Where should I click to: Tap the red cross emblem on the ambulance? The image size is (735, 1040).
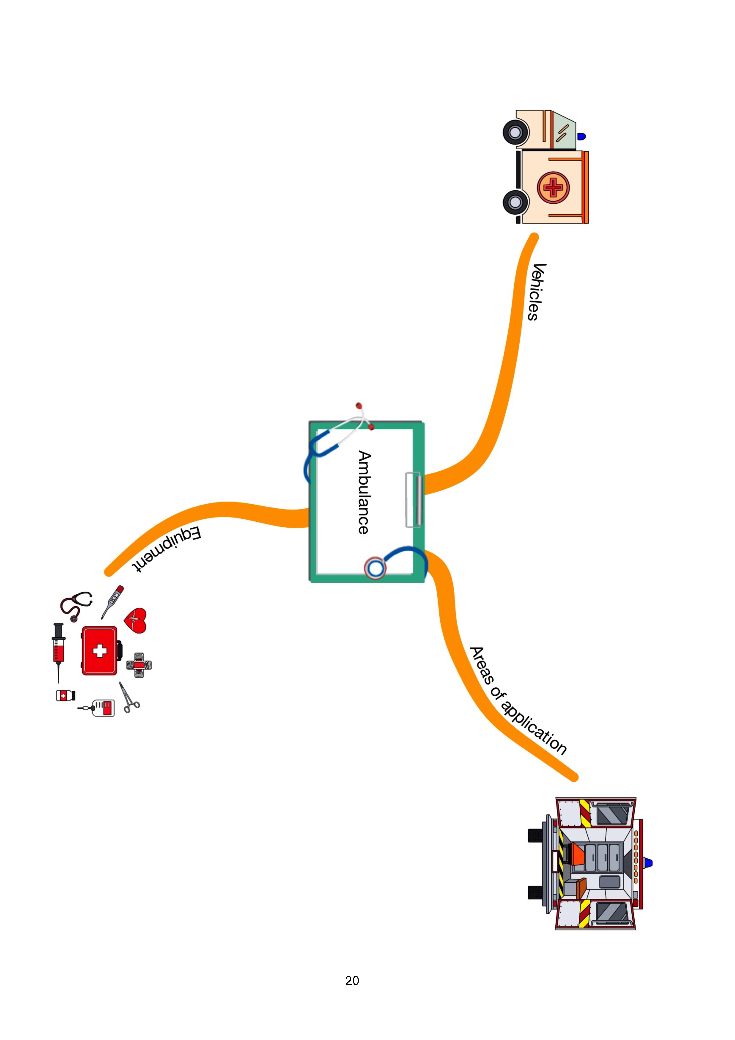[553, 187]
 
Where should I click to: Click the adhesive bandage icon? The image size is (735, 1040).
[139, 665]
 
